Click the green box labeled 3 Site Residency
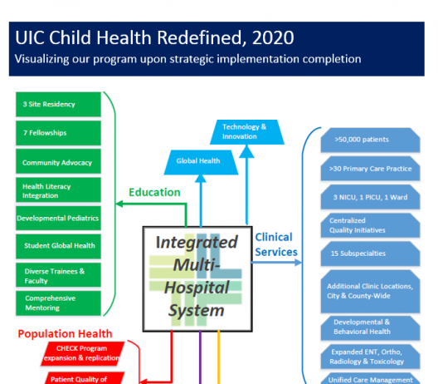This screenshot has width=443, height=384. click(58, 104)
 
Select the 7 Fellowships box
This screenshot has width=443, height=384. click(58, 133)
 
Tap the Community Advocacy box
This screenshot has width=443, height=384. click(58, 161)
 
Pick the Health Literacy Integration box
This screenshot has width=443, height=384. click(58, 190)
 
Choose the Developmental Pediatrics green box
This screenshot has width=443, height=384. click(58, 218)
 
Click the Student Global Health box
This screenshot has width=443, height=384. click(58, 246)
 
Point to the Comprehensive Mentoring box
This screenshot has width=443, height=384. click(58, 303)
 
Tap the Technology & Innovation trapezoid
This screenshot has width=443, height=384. click(246, 132)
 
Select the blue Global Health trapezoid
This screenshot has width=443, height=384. click(201, 162)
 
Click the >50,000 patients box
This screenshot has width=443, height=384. click(370, 140)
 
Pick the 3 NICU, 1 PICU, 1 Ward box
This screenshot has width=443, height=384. click(370, 197)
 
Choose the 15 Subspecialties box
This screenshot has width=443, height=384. click(370, 254)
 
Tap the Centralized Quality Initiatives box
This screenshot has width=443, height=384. click(370, 225)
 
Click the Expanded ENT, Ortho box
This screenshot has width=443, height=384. click(370, 357)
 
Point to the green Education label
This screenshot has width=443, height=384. click(154, 193)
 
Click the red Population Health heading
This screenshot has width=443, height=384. click(65, 334)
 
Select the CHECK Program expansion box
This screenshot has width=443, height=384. click(82, 353)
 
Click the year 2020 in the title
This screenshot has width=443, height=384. click(273, 37)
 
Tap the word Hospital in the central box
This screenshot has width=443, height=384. click(197, 288)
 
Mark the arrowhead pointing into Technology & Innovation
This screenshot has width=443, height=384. click(246, 151)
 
